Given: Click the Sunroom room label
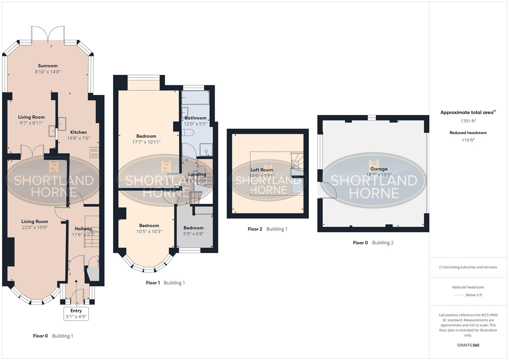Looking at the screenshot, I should coord(48,66).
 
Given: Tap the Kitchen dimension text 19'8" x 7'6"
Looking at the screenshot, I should coord(79,138).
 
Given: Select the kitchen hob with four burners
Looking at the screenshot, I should coord(94,152).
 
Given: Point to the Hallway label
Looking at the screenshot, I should coord(83,229).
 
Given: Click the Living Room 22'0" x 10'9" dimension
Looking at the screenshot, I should coord(35,227).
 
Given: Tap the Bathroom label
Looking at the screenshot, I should coord(195,118).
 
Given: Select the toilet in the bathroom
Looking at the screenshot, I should coord(188,133).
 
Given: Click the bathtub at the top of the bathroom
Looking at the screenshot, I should coord(195,97).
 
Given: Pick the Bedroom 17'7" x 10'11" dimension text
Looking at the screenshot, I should coord(146,142).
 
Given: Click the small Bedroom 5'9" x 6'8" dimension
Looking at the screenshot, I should coord(193,234).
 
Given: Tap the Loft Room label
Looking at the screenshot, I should coord(262,170).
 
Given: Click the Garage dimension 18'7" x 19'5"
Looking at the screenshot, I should coord(379,175).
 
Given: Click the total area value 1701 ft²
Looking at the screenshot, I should coord(468,121).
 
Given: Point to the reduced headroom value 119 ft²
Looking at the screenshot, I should coord(468,140).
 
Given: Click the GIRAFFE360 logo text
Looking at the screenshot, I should coord(468,345).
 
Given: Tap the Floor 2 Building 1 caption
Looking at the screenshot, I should coord(267,229).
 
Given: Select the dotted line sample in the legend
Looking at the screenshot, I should coord(459,295).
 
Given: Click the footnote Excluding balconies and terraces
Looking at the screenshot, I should coord(468,267).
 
